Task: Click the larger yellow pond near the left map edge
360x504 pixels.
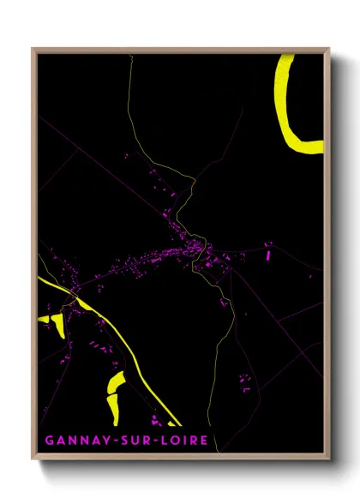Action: [57, 324]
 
